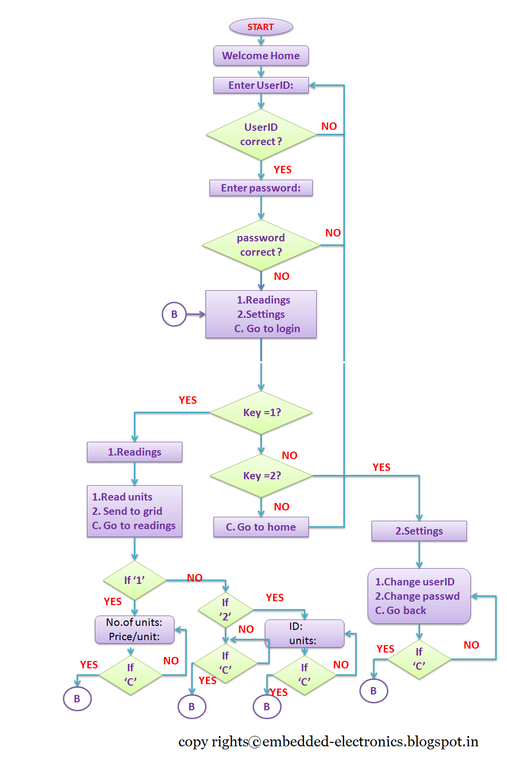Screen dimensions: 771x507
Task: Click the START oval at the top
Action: point(261,27)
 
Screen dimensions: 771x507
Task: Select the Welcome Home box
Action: point(261,56)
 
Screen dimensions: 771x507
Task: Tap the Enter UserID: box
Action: point(261,85)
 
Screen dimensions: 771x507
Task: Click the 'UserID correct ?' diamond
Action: point(261,134)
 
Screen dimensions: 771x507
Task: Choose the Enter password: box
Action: point(261,188)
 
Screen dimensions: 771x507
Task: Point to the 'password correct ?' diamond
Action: point(261,245)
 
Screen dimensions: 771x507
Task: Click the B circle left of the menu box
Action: point(174,314)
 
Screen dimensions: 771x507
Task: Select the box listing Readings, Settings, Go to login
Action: point(261,314)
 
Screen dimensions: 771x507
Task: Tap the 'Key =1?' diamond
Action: point(261,413)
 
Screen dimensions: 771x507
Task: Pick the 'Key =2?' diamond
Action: point(261,476)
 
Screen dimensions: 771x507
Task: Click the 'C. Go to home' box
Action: point(261,527)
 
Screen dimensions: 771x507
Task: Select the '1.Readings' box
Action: point(134,452)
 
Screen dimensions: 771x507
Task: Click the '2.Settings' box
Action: point(419,531)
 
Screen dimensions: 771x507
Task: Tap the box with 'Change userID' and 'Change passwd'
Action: point(419,596)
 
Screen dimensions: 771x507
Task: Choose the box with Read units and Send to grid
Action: point(134,511)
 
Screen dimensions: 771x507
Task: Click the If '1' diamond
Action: point(134,580)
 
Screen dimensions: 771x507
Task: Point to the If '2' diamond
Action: point(225,610)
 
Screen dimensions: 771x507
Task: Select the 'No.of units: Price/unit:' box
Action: point(134,630)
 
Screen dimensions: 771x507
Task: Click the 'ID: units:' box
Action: point(304,634)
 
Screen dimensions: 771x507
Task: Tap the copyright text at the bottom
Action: point(328,742)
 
